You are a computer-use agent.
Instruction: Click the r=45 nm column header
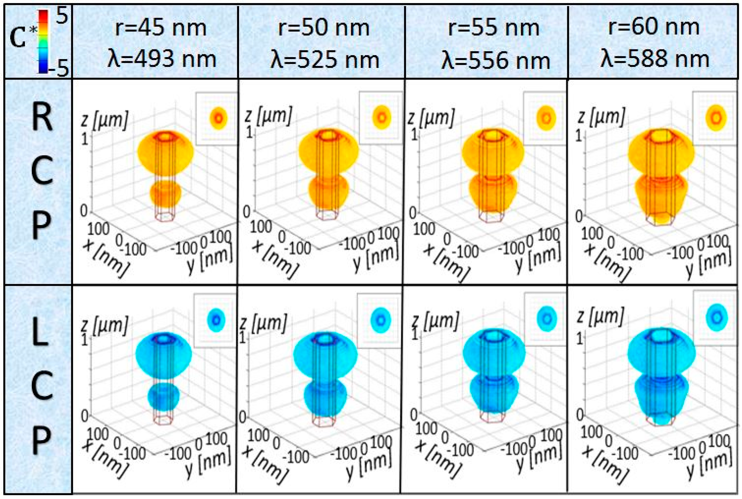click(161, 28)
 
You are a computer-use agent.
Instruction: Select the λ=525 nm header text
click(325, 60)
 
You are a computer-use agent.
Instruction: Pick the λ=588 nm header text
click(655, 59)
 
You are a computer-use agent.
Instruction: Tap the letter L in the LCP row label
click(41, 334)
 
